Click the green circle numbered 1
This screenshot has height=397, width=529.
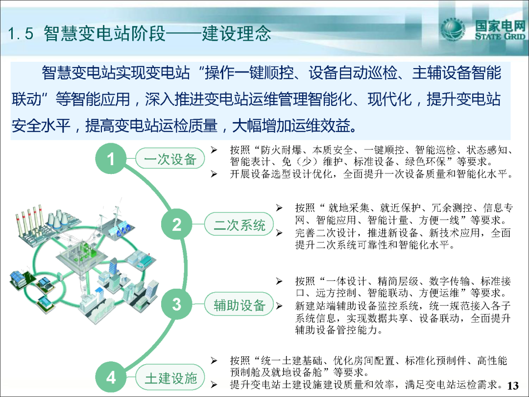coord(111,159)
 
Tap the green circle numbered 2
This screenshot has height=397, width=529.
coord(177,224)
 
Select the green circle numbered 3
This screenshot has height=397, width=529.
coord(177,304)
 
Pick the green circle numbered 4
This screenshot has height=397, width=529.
coord(111,377)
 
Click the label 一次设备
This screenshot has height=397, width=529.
coord(170,159)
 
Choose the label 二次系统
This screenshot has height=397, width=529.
coord(239,224)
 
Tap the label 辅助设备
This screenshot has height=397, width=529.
coord(239,305)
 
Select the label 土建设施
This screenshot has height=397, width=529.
coord(170,378)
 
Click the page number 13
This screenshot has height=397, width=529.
coord(513,386)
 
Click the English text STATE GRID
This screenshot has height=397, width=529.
coord(500,36)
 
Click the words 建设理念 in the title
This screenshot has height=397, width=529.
coord(237,33)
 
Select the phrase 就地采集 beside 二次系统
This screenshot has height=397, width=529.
coord(349,208)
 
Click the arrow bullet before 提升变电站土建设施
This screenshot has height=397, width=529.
coord(214,385)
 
